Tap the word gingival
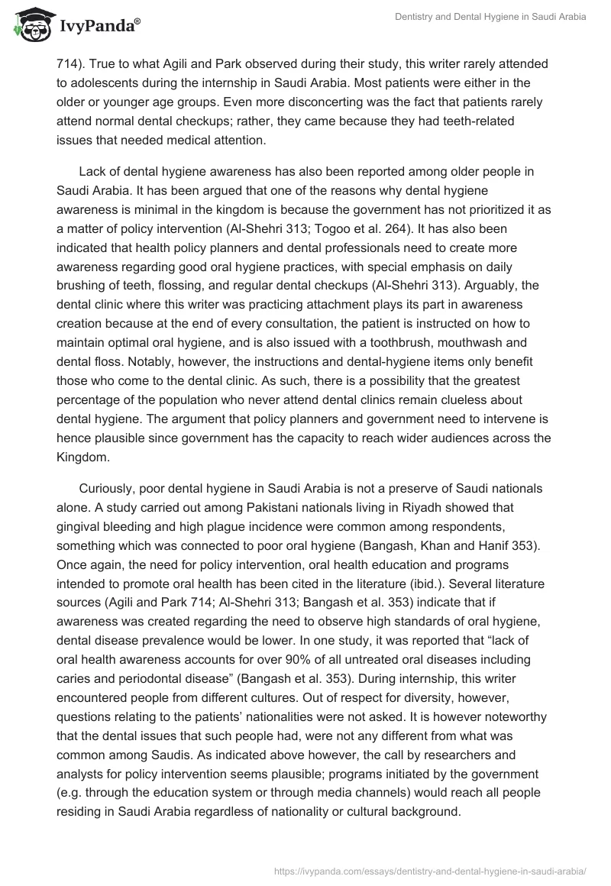tap(79, 527)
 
